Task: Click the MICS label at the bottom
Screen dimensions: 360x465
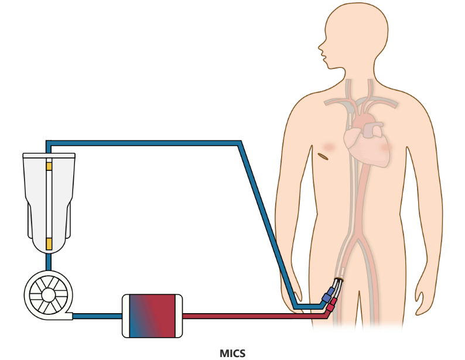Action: [x=232, y=353]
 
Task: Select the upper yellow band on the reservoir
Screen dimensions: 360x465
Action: [x=49, y=166]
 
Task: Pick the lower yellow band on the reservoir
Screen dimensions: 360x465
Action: [x=49, y=242]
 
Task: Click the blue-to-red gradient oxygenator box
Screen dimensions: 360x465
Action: [x=152, y=316]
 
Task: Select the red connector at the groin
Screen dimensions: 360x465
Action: [x=332, y=303]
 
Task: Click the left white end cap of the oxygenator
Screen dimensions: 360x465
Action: [x=125, y=316]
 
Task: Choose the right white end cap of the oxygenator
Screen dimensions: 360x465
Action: [x=179, y=316]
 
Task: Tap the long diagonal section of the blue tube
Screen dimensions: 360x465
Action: [x=266, y=222]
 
